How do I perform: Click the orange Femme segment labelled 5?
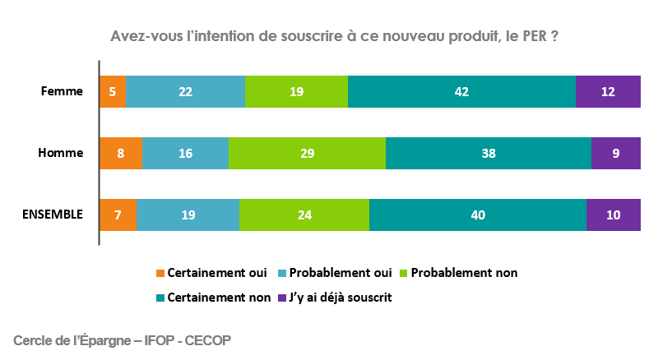[x=113, y=91]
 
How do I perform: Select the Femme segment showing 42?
[x=461, y=91]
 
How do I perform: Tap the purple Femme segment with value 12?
[x=608, y=91]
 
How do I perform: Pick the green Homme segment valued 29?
[x=307, y=153]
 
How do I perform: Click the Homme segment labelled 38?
[x=488, y=153]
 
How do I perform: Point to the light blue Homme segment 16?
[x=185, y=153]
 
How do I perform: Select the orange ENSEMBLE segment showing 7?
[x=118, y=215]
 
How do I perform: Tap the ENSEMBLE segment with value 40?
[x=478, y=215]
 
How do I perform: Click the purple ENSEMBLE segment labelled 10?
[x=613, y=215]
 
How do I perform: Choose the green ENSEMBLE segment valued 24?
[x=304, y=215]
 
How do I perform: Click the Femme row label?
[x=62, y=91]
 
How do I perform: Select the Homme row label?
[x=60, y=153]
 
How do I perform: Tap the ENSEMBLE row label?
[x=52, y=215]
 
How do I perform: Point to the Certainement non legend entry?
[x=212, y=298]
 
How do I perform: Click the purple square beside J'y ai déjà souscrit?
[x=282, y=298]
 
